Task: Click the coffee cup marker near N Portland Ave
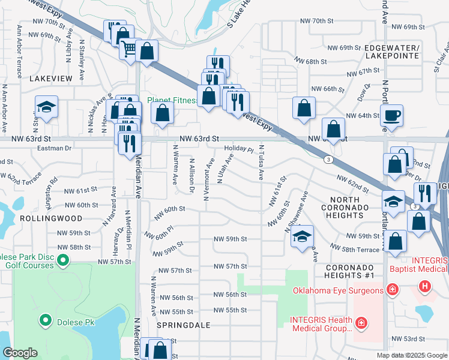[391, 115]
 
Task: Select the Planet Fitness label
[172, 100]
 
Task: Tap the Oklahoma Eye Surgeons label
[337, 291]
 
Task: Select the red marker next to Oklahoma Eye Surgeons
[392, 290]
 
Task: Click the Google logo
[20, 353]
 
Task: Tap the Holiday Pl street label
[239, 149]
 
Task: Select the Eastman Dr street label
[54, 147]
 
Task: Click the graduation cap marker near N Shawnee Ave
[303, 235]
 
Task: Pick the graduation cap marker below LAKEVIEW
[45, 107]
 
